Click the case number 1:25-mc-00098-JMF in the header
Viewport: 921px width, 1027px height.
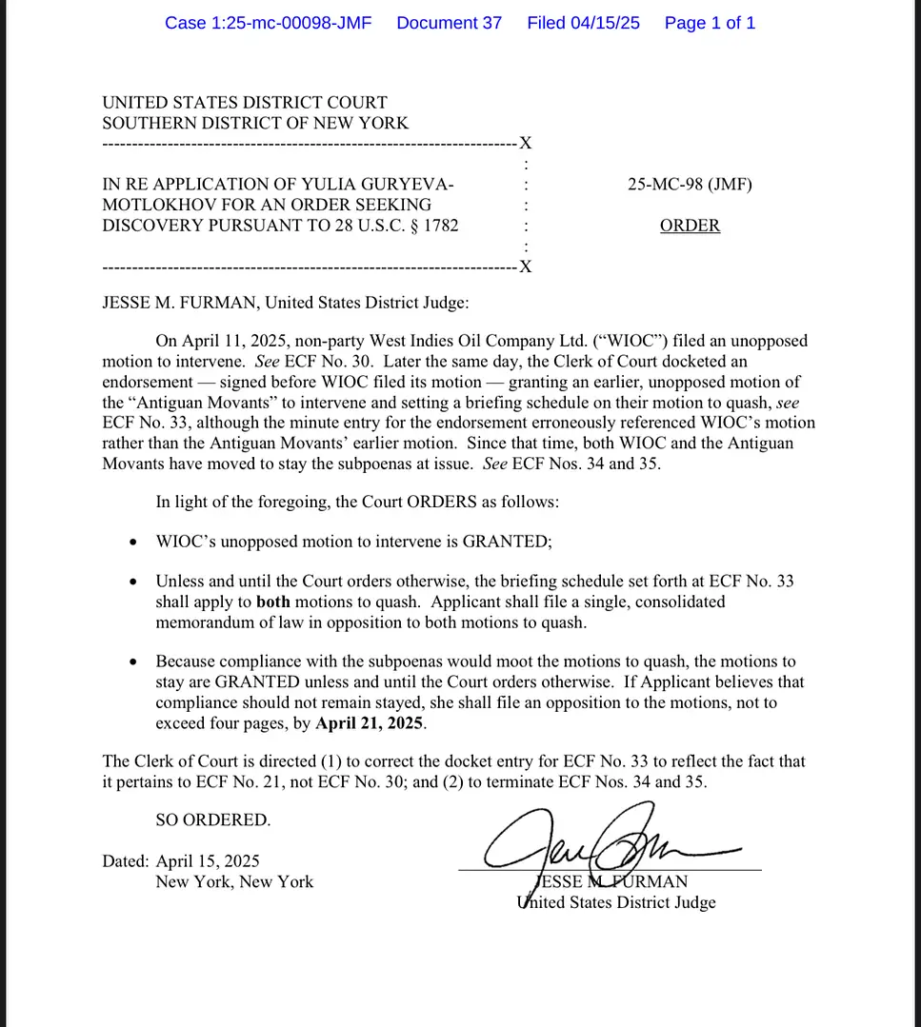click(268, 23)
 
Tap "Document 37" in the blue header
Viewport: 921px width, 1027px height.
click(449, 23)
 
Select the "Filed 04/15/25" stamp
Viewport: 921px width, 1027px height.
click(583, 23)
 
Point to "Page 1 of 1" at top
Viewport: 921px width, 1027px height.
click(710, 23)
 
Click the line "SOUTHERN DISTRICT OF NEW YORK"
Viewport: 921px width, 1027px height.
click(255, 123)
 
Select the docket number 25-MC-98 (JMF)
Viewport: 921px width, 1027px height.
click(690, 185)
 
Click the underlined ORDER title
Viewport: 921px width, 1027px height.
click(690, 226)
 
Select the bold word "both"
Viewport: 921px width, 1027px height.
click(272, 602)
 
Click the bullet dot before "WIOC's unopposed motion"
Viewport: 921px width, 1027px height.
click(132, 543)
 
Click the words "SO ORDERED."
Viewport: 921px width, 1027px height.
click(212, 820)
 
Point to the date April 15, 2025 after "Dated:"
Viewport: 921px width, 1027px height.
click(208, 861)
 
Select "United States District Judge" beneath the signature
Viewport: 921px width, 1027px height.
click(616, 902)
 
